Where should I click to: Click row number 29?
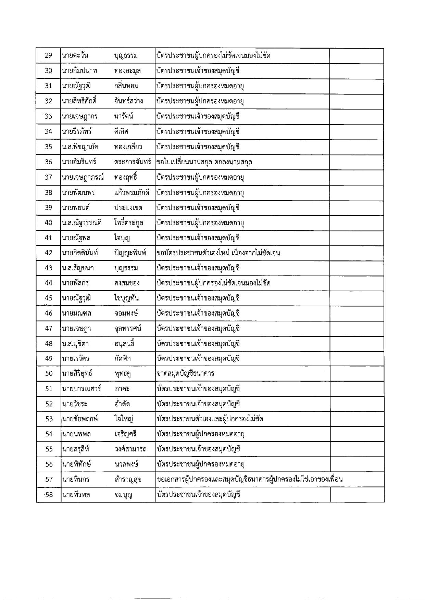pos(49,55)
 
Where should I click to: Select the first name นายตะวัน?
pos(75,55)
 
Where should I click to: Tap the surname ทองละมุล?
pos(127,71)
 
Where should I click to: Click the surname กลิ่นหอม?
pos(126,86)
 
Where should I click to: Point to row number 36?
pos(49,162)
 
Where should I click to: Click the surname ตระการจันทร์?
pos(133,162)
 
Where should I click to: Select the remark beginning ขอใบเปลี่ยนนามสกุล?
pos(204,162)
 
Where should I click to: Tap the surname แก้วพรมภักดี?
pos(132,192)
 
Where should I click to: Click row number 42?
pos(49,253)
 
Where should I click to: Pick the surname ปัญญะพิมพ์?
pos(130,253)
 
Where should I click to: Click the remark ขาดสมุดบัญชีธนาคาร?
pos(185,373)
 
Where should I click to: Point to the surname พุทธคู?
pos(123,373)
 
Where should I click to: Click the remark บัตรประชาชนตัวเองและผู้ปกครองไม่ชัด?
pos(210,419)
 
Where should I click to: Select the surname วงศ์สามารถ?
pos(130,449)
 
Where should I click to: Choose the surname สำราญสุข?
pos(129,480)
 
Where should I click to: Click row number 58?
pos(49,495)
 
